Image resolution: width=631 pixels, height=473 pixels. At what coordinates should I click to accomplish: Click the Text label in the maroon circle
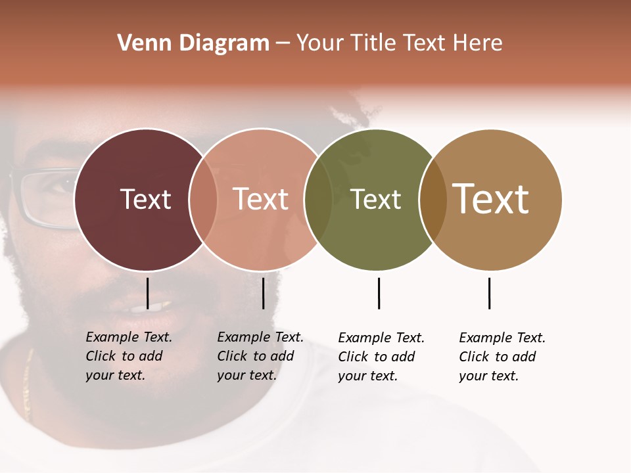pyautogui.click(x=145, y=199)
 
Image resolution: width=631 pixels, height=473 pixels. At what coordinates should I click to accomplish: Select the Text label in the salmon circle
pyautogui.click(x=261, y=199)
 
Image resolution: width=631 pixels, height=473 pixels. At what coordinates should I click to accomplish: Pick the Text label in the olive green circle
pyautogui.click(x=375, y=199)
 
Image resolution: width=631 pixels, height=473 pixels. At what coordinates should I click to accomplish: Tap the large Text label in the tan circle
pyautogui.click(x=491, y=199)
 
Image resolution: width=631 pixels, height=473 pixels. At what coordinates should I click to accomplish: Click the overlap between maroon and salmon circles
pyautogui.click(x=203, y=200)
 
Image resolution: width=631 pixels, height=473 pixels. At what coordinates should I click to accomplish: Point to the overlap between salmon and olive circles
pyautogui.click(x=318, y=200)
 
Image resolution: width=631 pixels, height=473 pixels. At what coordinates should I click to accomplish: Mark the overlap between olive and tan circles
pyautogui.click(x=432, y=200)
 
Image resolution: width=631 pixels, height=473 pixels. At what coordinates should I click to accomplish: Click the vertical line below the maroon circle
pyautogui.click(x=147, y=293)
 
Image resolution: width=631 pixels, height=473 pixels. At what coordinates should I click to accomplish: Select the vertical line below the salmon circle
pyautogui.click(x=263, y=293)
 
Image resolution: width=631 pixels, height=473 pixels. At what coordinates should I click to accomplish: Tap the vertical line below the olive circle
pyautogui.click(x=379, y=293)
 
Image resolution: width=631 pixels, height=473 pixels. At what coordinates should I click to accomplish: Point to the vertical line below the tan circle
pyautogui.click(x=489, y=293)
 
